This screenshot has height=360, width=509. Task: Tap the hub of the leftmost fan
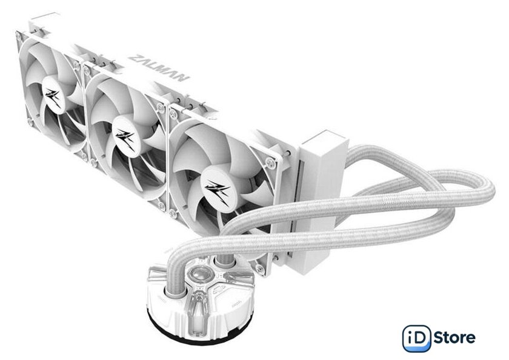(x=53, y=95)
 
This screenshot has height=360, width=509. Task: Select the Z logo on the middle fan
(x=126, y=138)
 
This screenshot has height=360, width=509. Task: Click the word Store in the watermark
(x=454, y=338)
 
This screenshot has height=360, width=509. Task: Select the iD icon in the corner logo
(x=417, y=339)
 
